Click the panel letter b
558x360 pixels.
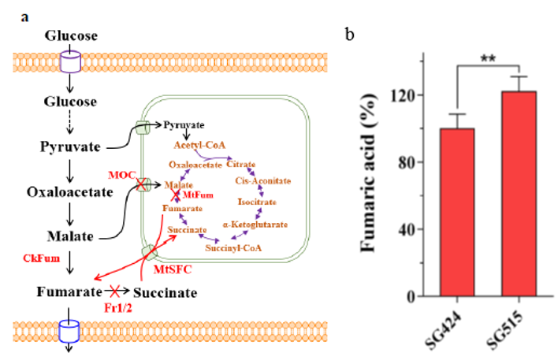[x=350, y=35]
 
